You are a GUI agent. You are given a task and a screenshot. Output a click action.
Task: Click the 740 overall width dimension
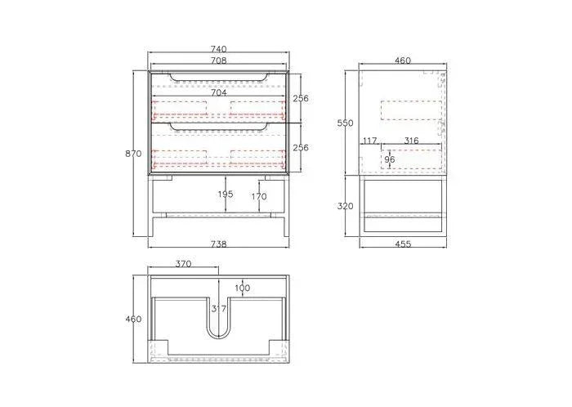[x=218, y=50]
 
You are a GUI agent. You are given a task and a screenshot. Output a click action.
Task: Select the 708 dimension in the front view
[x=218, y=60]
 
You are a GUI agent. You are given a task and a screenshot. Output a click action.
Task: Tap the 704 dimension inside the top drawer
[x=218, y=93]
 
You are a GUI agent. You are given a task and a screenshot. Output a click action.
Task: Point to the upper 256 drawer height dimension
[x=301, y=98]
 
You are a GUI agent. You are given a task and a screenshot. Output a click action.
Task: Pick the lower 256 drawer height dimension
[x=301, y=148]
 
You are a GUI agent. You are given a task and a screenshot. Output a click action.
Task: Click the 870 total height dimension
[x=134, y=154]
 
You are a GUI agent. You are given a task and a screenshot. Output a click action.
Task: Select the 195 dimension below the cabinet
[x=226, y=195]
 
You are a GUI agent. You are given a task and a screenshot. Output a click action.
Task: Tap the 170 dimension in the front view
[x=259, y=197]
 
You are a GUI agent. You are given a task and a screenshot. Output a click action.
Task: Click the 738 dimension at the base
[x=218, y=244]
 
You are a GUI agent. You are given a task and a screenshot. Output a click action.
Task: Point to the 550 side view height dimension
[x=346, y=123]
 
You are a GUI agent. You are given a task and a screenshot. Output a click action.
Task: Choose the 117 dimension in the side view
[x=369, y=141]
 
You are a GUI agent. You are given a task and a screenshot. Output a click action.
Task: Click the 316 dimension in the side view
[x=411, y=141]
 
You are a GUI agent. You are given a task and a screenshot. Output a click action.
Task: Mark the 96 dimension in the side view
[x=390, y=159]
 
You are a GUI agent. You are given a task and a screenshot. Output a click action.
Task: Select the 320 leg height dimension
[x=346, y=207]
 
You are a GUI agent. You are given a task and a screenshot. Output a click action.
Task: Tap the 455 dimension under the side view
[x=402, y=244]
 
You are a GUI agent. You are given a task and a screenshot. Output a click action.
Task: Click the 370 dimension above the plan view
[x=184, y=264]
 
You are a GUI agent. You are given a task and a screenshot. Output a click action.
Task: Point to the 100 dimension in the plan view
[x=243, y=288]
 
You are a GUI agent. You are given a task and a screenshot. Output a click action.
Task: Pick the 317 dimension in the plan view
[x=218, y=308]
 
